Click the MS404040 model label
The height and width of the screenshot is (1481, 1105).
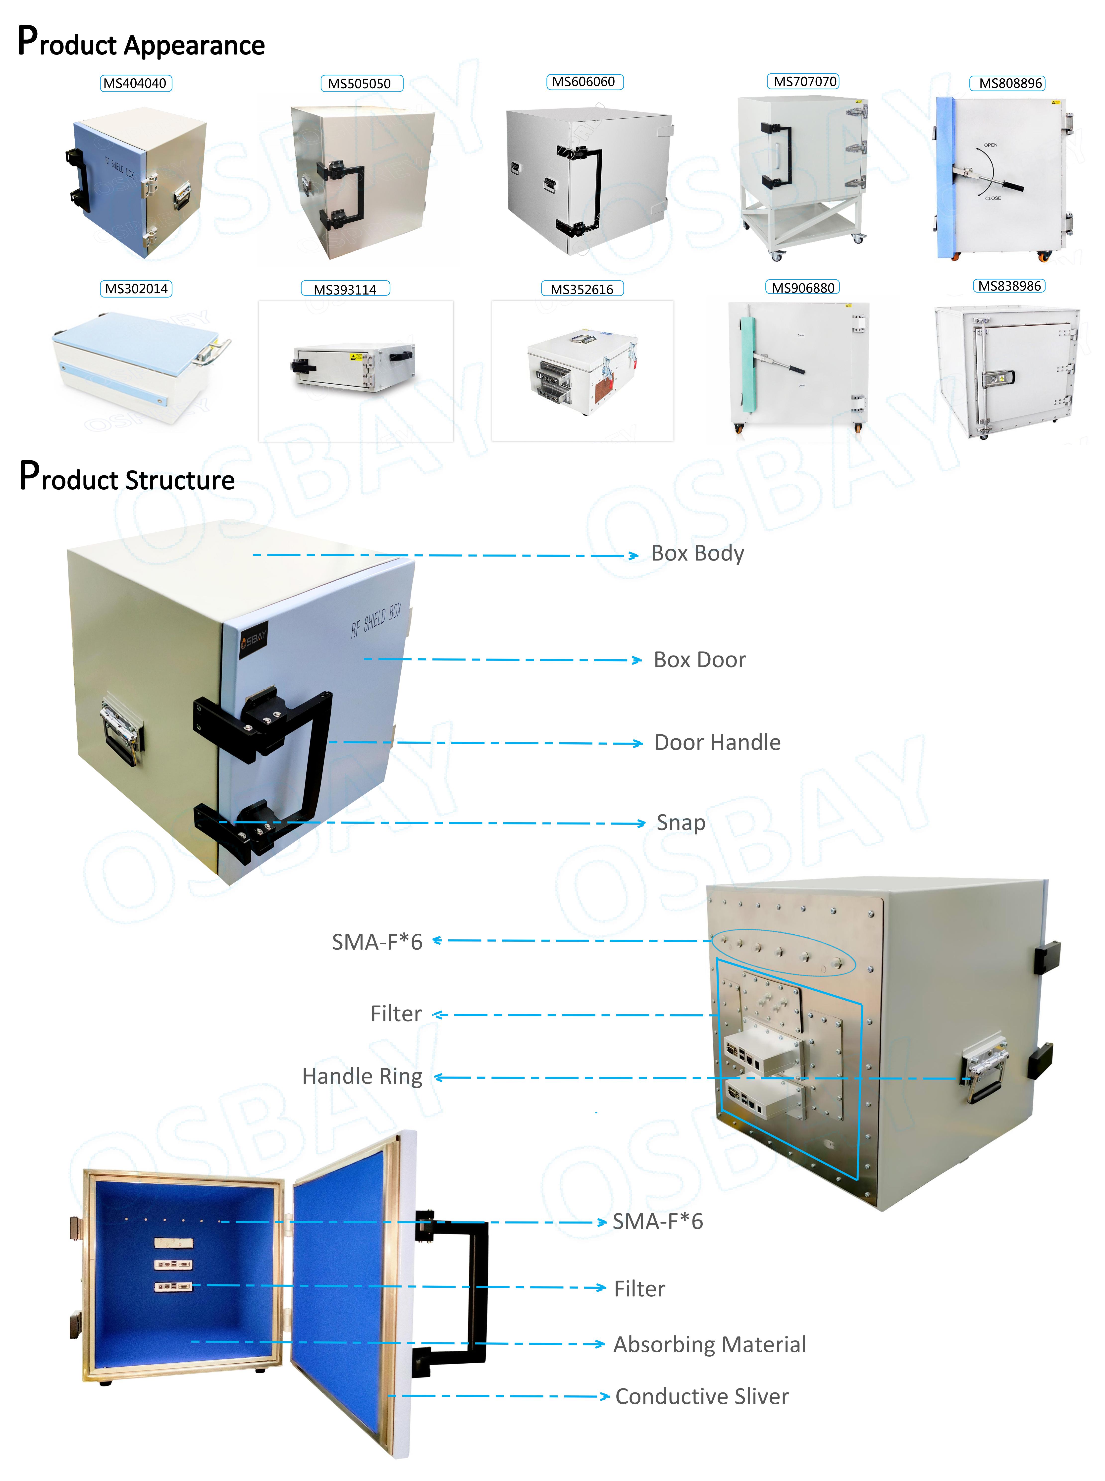tap(135, 84)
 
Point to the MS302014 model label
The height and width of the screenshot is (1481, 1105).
tap(136, 289)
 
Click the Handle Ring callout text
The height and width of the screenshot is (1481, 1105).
tap(362, 1076)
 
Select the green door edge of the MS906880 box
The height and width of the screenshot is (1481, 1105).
tap(747, 361)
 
